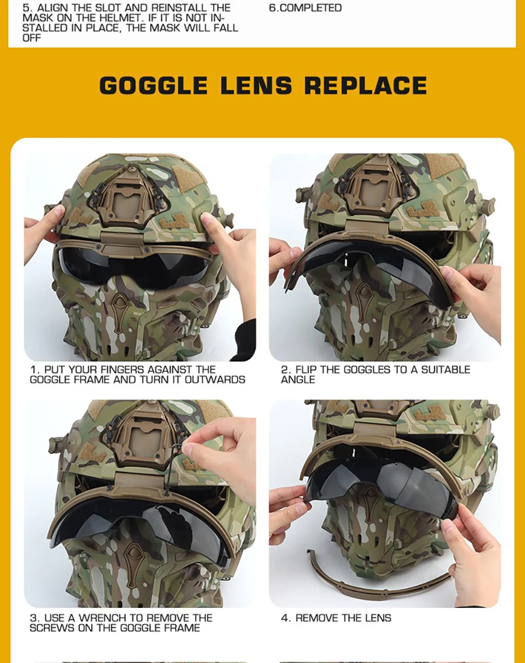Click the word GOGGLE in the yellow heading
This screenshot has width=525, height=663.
(x=153, y=85)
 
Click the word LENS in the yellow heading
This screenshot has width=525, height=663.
(x=256, y=85)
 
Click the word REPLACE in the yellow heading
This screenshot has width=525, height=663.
(x=366, y=85)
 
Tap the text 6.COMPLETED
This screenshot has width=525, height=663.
(x=306, y=8)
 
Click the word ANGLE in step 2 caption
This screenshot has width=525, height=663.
(x=298, y=380)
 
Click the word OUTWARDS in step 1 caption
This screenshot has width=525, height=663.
(x=215, y=380)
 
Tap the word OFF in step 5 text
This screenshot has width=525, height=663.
(x=31, y=38)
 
